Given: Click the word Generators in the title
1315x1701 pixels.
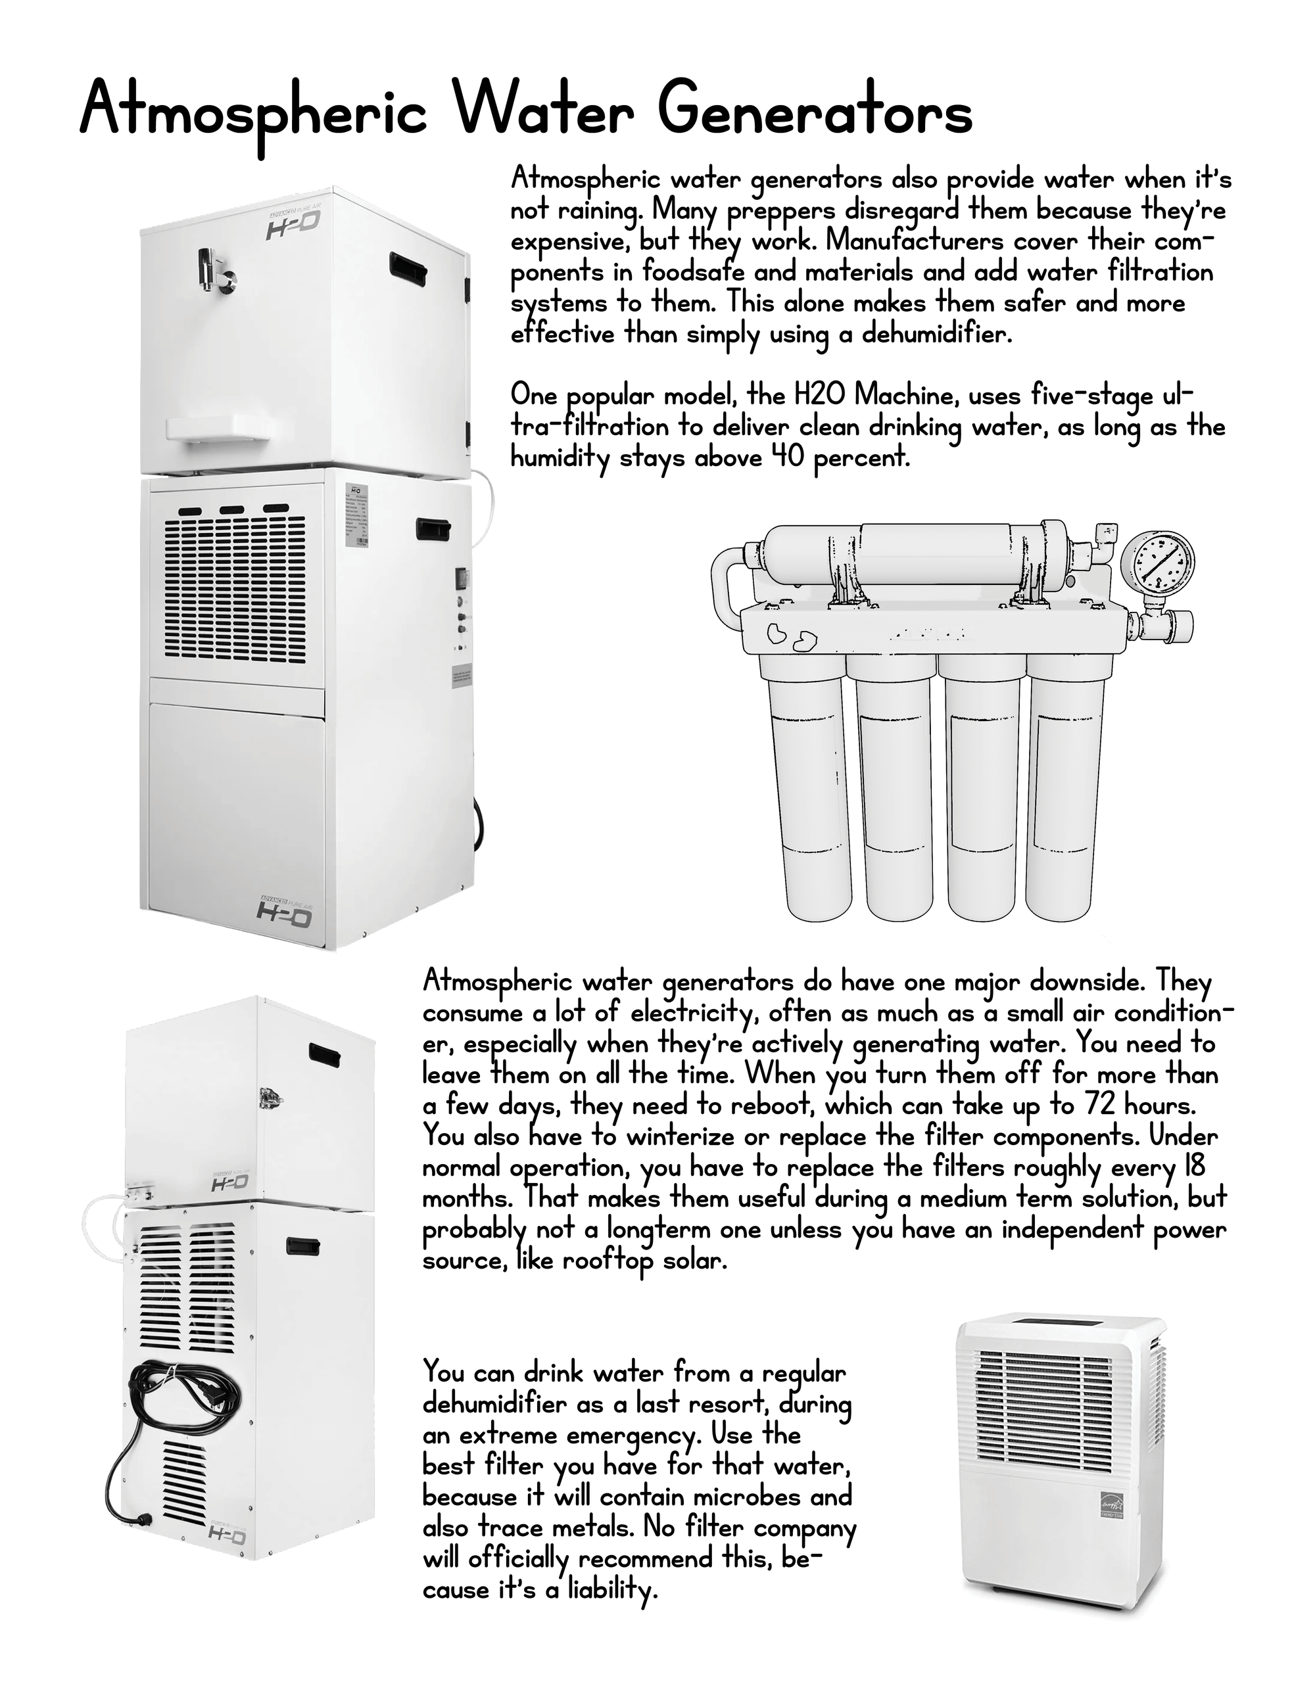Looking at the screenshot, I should pos(815,110).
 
